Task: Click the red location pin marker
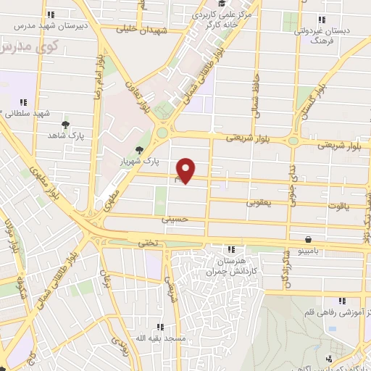[186, 170]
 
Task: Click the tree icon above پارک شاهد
[66, 125]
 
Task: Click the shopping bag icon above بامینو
[309, 238]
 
